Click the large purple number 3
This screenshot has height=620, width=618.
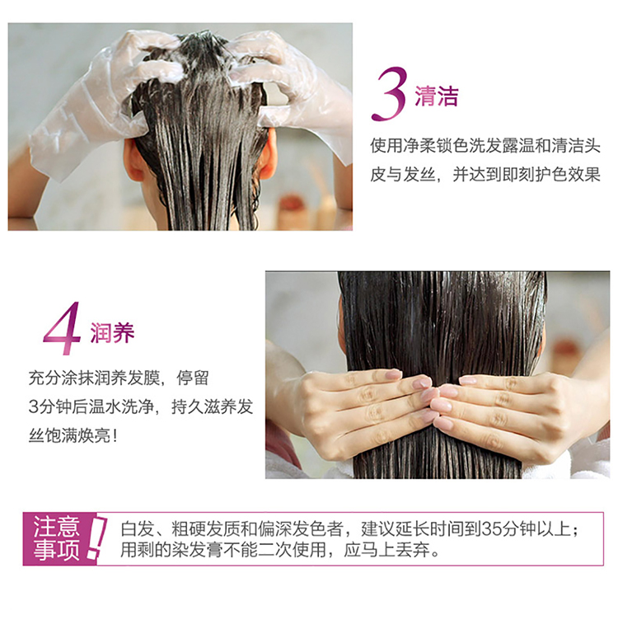390,94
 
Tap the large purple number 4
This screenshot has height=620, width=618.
63,328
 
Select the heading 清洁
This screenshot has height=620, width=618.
436,96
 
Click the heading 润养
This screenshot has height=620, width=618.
112,332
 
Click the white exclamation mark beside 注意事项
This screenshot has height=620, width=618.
96,538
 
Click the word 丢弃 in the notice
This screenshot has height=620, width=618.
412,550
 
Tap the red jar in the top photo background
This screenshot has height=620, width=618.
292,206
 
